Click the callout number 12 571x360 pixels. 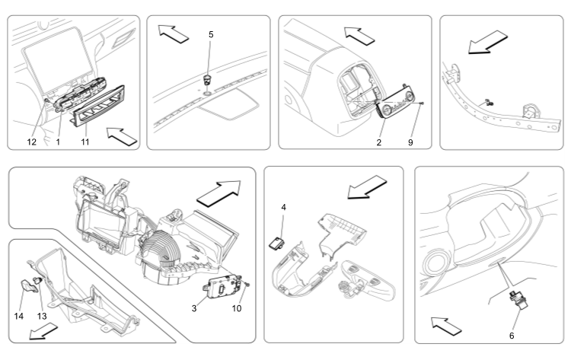click(x=33, y=141)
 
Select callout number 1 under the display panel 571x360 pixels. click(x=57, y=141)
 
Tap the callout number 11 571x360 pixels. click(x=85, y=141)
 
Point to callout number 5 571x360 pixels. click(x=212, y=34)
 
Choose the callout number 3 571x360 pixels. click(x=194, y=308)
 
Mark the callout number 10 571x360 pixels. click(x=237, y=308)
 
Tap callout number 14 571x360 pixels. click(x=18, y=316)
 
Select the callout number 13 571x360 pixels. click(x=42, y=316)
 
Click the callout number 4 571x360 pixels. click(x=283, y=207)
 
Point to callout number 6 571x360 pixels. click(x=511, y=335)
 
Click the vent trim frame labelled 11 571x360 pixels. click(x=97, y=113)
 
